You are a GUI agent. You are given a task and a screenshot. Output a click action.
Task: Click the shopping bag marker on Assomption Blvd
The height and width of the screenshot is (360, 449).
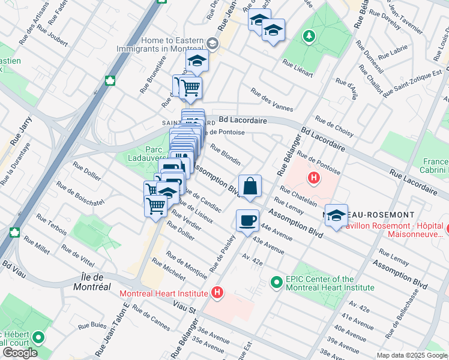[x=250, y=186]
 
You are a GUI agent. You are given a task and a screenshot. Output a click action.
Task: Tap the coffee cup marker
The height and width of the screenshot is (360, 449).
[x=247, y=221]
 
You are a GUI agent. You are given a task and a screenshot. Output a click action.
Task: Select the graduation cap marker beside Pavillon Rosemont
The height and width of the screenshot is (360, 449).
[x=336, y=215]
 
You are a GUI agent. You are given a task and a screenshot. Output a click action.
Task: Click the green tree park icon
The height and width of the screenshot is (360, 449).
[x=309, y=37]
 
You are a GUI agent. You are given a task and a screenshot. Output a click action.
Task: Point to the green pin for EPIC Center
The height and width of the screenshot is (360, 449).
[x=276, y=281]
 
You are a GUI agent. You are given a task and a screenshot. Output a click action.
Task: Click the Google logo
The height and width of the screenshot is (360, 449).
[x=19, y=353]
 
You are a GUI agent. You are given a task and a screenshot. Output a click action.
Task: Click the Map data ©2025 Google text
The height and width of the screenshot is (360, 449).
[x=411, y=355]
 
